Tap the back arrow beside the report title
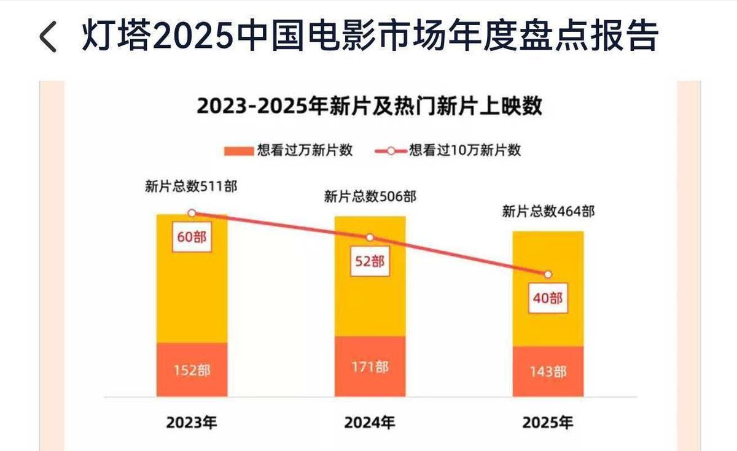pyautogui.click(x=48, y=36)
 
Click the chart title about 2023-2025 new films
pyautogui.click(x=369, y=106)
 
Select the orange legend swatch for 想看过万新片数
pyautogui.click(x=239, y=151)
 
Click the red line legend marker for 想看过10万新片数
pyautogui.click(x=391, y=151)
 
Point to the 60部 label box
pyautogui.click(x=192, y=237)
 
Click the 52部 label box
pyautogui.click(x=370, y=261)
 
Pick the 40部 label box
pyautogui.click(x=548, y=298)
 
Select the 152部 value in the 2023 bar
pyautogui.click(x=192, y=371)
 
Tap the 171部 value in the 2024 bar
pyautogui.click(x=370, y=367)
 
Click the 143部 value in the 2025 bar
pyautogui.click(x=548, y=372)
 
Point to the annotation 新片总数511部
pyautogui.click(x=191, y=187)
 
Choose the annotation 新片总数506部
pyautogui.click(x=370, y=197)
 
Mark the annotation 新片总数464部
pyautogui.click(x=548, y=211)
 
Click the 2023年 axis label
pyautogui.click(x=192, y=423)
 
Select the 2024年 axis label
pyautogui.click(x=370, y=423)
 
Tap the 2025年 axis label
pyautogui.click(x=547, y=423)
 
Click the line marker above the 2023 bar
pyautogui.click(x=192, y=214)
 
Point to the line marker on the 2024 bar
pyautogui.click(x=370, y=237)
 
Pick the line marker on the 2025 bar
pyautogui.click(x=548, y=274)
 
